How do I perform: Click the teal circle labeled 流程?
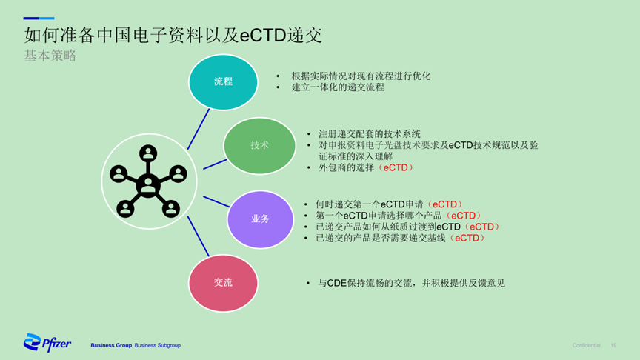223,82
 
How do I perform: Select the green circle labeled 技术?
259,146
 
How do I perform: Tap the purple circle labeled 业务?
261,219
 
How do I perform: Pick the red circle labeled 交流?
223,283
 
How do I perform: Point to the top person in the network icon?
147,153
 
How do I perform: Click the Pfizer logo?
47,342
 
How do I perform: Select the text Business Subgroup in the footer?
158,345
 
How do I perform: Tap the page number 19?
613,345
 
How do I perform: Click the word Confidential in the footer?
586,345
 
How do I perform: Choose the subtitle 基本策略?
50,56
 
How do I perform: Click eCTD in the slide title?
263,36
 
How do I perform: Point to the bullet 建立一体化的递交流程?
338,87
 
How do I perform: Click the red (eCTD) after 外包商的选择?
396,167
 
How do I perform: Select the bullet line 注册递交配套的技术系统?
370,134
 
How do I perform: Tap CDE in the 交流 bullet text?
337,283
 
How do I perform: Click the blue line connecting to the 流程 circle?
199,129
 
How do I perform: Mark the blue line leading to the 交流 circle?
199,236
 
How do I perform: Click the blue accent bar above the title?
39,19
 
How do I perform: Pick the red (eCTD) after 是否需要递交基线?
467,238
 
